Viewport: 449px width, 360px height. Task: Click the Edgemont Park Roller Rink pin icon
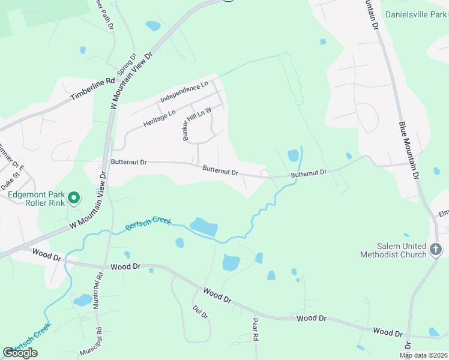click(x=74, y=197)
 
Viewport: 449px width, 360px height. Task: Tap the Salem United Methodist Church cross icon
click(x=436, y=249)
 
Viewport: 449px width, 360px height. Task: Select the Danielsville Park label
click(x=416, y=14)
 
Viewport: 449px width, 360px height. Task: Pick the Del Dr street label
click(x=200, y=312)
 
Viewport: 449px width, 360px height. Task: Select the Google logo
click(x=20, y=352)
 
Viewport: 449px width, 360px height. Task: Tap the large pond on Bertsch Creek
click(x=204, y=227)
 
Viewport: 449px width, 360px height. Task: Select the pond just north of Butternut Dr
click(x=293, y=155)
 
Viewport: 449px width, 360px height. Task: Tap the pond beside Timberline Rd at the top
click(x=153, y=26)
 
